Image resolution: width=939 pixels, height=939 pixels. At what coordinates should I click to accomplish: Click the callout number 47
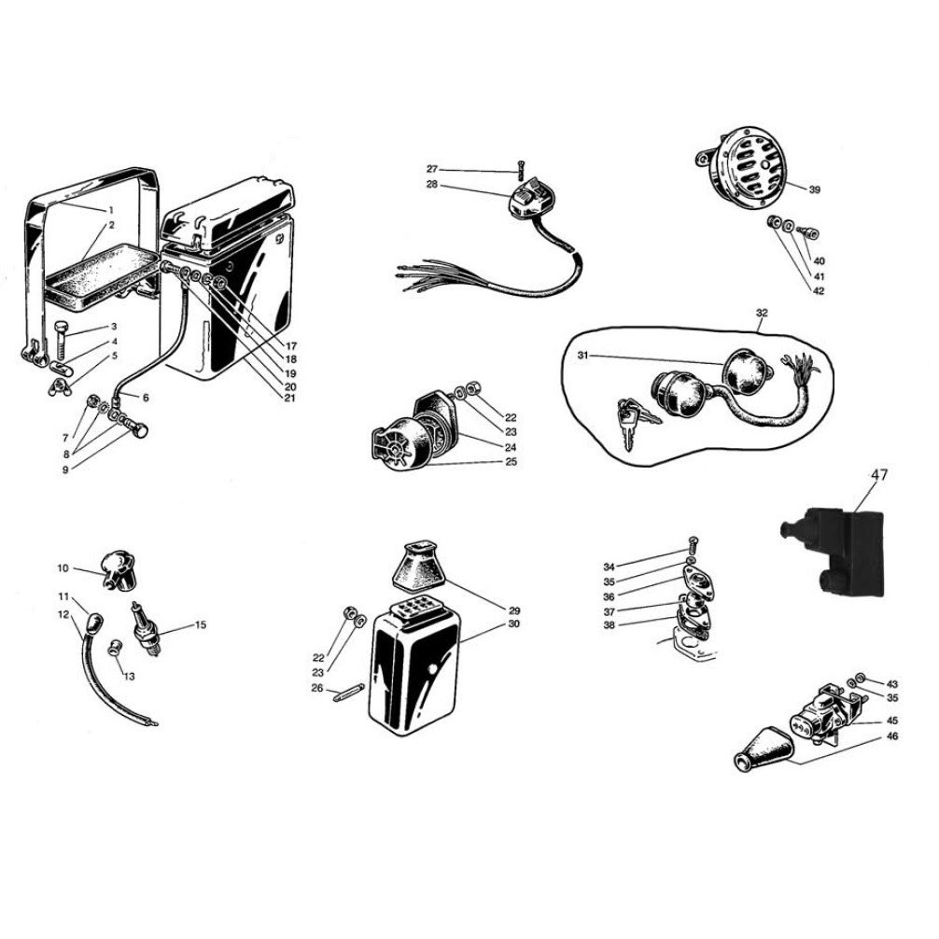click(x=878, y=474)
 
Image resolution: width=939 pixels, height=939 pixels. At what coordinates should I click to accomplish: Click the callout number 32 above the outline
click(x=762, y=313)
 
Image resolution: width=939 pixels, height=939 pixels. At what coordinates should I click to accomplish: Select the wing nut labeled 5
click(x=59, y=386)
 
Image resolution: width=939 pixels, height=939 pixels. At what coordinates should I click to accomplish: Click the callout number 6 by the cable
click(x=146, y=398)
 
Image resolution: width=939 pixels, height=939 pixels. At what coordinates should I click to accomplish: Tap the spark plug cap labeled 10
click(x=118, y=572)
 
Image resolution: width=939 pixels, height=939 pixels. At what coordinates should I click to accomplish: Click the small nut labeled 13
click(x=113, y=648)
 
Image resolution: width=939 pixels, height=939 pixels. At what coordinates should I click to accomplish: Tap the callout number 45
click(x=892, y=721)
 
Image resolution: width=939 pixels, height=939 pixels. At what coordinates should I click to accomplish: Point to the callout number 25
click(x=511, y=462)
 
